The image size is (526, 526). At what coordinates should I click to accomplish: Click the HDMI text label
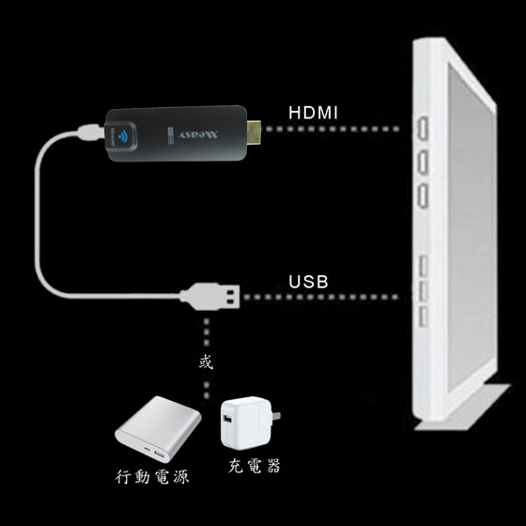click(314, 113)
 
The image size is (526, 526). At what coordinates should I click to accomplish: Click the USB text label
click(308, 282)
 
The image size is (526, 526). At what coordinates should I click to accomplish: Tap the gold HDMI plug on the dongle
click(255, 133)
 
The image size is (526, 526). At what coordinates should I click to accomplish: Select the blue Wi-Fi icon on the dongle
click(123, 136)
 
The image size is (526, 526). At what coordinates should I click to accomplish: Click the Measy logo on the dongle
click(198, 135)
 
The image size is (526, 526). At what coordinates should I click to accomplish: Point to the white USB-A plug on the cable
click(210, 297)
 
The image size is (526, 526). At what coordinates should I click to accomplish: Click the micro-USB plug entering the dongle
click(90, 132)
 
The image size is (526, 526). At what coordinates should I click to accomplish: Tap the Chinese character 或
click(206, 363)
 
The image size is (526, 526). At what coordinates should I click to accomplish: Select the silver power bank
click(158, 429)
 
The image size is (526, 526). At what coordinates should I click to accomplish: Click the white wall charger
click(247, 423)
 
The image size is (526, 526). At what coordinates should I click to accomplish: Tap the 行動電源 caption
click(152, 477)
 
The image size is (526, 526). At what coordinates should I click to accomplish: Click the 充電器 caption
click(255, 466)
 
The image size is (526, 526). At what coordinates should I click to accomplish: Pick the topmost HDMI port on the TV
click(424, 128)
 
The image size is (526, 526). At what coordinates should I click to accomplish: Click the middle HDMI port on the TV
click(424, 162)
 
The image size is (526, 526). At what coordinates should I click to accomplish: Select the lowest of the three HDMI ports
click(424, 196)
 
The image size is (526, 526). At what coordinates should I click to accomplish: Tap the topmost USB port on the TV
click(424, 265)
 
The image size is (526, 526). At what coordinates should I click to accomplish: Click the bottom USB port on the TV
click(424, 317)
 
